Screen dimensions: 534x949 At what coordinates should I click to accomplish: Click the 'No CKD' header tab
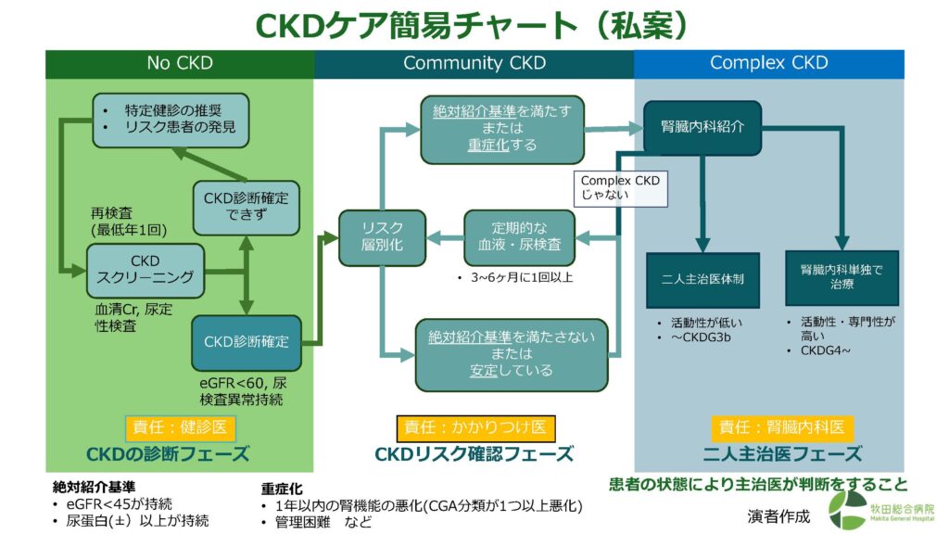pyautogui.click(x=180, y=64)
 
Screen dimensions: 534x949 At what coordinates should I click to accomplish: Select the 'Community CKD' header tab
pyautogui.click(x=474, y=64)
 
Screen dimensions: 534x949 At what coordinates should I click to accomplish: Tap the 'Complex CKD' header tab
pyautogui.click(x=768, y=64)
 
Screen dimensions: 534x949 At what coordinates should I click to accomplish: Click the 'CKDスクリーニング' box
pyautogui.click(x=145, y=269)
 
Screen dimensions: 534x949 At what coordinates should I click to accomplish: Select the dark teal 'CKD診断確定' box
pyautogui.click(x=246, y=342)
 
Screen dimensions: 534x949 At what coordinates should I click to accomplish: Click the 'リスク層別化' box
pyautogui.click(x=382, y=236)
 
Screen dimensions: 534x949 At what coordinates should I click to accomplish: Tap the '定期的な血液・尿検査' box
pyautogui.click(x=519, y=236)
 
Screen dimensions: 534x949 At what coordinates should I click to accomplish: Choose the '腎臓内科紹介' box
pyautogui.click(x=702, y=127)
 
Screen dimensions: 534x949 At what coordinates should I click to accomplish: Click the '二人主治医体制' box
pyautogui.click(x=702, y=277)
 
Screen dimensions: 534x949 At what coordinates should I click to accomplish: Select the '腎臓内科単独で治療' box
pyautogui.click(x=841, y=277)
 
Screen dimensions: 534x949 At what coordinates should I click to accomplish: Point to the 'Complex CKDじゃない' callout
pyautogui.click(x=619, y=187)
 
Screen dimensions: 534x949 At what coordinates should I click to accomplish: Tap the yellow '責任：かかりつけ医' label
pyautogui.click(x=474, y=427)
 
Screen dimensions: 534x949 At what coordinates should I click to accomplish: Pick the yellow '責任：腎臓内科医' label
pyautogui.click(x=781, y=427)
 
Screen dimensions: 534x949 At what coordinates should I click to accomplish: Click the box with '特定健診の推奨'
pyautogui.click(x=171, y=120)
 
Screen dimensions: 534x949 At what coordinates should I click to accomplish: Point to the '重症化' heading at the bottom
pyautogui.click(x=281, y=489)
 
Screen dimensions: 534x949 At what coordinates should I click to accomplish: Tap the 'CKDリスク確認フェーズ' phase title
pyautogui.click(x=474, y=454)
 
